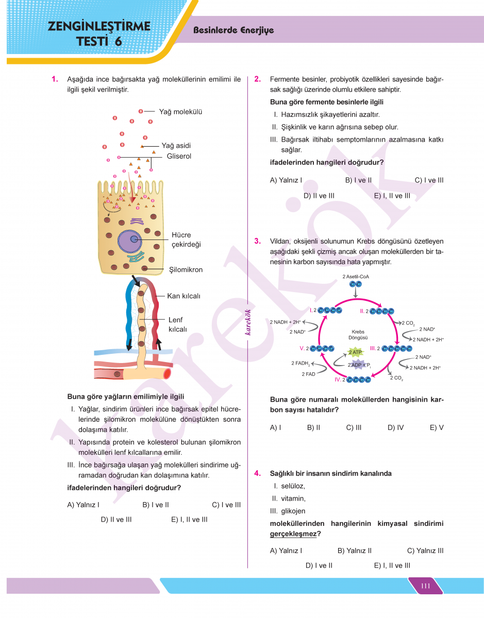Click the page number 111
point(425,586)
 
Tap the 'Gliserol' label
point(179,156)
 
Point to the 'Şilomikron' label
point(186,269)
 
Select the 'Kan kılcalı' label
point(183,296)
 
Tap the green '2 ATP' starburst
point(355,352)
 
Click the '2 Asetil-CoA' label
point(356,277)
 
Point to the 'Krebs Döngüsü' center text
point(358,335)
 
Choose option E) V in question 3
point(436,427)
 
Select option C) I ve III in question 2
point(429,180)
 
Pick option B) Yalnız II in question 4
point(354,551)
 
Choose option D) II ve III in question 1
point(116,519)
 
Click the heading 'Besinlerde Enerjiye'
point(233,30)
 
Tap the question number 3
point(257,241)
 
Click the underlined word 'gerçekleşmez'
point(293,534)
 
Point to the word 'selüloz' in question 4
point(293,486)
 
